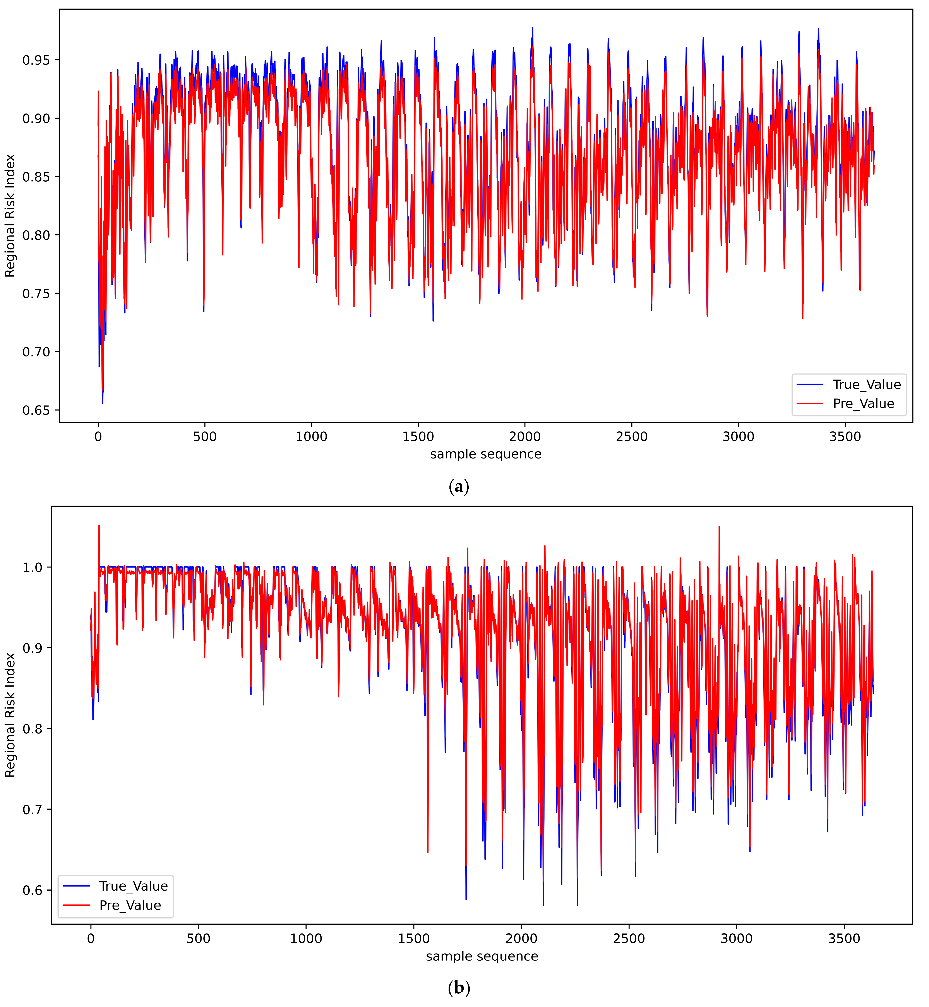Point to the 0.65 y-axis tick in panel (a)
[36, 410]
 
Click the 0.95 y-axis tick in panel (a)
[36, 60]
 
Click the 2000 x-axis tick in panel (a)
[525, 436]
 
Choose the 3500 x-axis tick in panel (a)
[845, 436]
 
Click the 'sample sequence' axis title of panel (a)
[486, 454]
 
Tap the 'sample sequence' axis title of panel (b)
[482, 956]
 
